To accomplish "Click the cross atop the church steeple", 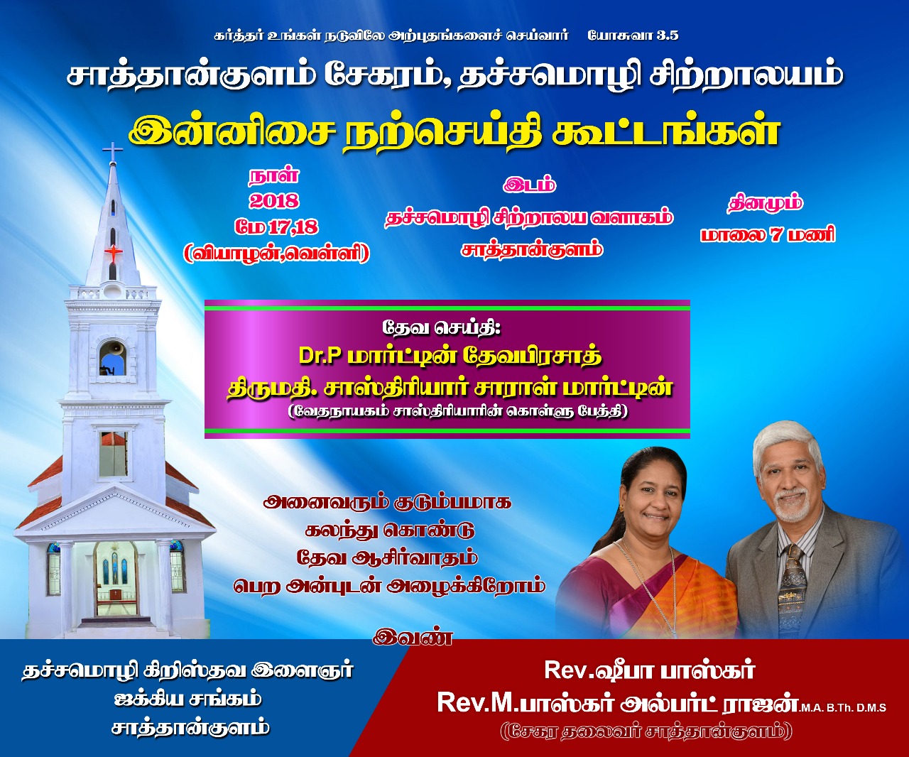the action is click(x=112, y=151).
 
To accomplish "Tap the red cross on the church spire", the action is click(x=113, y=253).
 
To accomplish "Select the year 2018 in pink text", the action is click(x=274, y=201).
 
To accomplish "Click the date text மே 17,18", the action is click(x=277, y=227).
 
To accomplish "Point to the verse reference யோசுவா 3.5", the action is click(x=633, y=36).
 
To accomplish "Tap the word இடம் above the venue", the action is click(x=529, y=185).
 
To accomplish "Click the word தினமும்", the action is click(x=766, y=204).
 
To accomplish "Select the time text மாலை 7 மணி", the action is click(x=768, y=235).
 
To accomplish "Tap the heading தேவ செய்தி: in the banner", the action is click(x=442, y=328).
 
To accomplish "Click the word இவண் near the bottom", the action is click(x=413, y=638).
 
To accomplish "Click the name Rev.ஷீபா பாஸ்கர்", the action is click(x=649, y=670).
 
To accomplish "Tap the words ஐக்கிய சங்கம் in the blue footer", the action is click(x=187, y=699).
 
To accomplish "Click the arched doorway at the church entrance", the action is click(x=114, y=579).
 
